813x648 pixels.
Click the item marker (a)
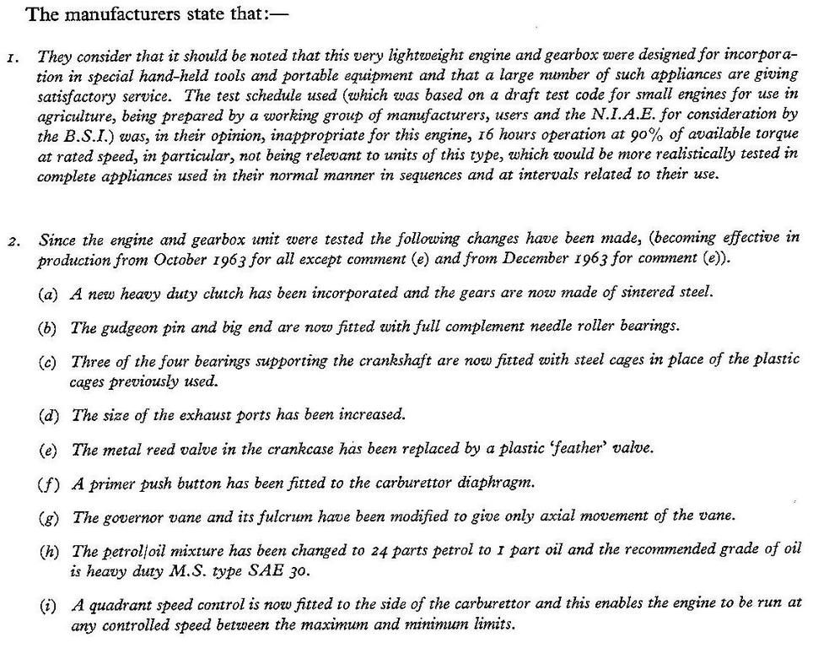[x=48, y=294]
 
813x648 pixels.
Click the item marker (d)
[x=48, y=416]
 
